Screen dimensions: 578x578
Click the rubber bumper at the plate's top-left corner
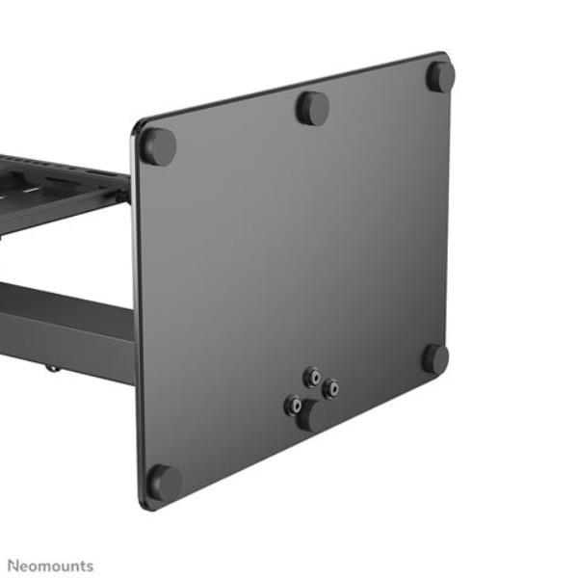click(158, 146)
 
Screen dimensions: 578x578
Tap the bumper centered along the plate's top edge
click(312, 108)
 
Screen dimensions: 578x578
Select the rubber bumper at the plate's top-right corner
click(441, 76)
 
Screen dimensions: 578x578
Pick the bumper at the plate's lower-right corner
click(435, 359)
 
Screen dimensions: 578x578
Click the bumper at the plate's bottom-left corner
click(164, 482)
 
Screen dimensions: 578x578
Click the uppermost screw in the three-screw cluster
click(311, 377)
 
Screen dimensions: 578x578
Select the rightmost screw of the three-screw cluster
click(330, 389)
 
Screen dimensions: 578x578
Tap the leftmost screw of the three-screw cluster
click(292, 406)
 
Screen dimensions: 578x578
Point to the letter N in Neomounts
click(13, 565)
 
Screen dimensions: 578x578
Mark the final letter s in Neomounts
click(90, 565)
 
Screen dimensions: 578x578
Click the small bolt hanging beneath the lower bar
click(53, 367)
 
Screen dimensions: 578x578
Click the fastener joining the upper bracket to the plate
click(124, 196)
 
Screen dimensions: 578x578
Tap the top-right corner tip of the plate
click(445, 56)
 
